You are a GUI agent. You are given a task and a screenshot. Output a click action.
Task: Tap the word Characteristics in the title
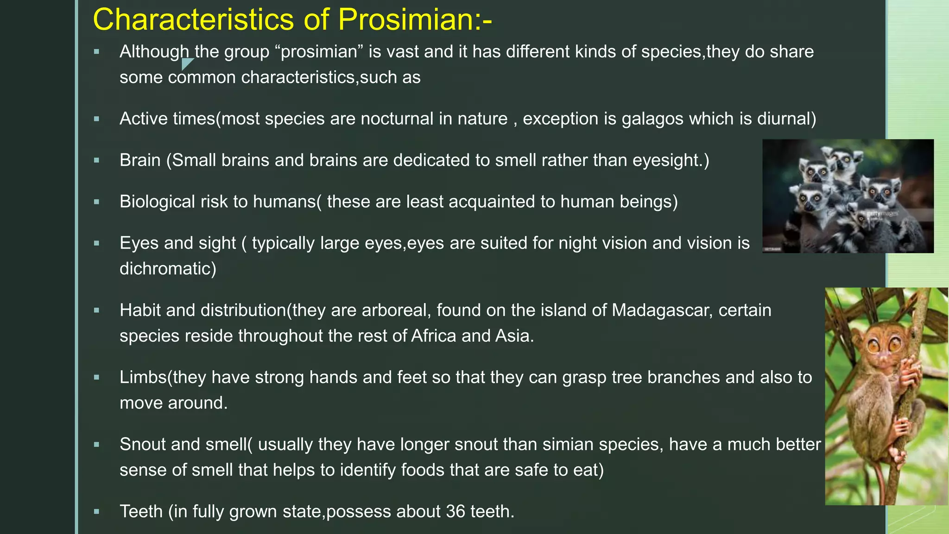[193, 20]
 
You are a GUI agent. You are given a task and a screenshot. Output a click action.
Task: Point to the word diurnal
[786, 119]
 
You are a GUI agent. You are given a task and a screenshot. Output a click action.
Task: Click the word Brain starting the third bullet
[140, 160]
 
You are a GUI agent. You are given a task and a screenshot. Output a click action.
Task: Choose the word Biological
[157, 202]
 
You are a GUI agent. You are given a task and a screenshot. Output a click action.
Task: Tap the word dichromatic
[168, 268]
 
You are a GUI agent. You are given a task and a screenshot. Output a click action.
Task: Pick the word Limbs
[143, 377]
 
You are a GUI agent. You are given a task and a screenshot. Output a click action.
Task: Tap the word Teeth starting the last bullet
[141, 511]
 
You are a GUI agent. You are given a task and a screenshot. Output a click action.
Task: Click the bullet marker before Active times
[96, 119]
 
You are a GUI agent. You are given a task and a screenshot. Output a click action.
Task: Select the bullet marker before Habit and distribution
[96, 311]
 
